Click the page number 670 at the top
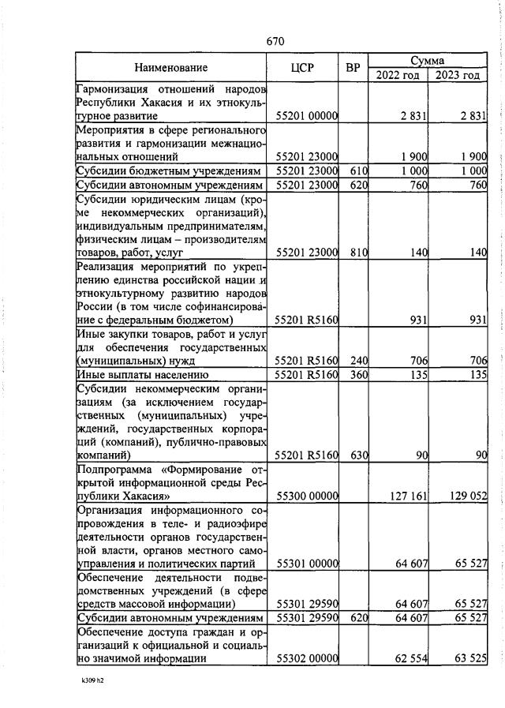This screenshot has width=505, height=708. click(x=275, y=41)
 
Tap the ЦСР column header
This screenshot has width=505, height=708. click(x=303, y=68)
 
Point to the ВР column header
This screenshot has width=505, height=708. click(x=353, y=68)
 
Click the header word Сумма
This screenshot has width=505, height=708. click(x=427, y=61)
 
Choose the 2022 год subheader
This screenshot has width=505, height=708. click(x=397, y=75)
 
